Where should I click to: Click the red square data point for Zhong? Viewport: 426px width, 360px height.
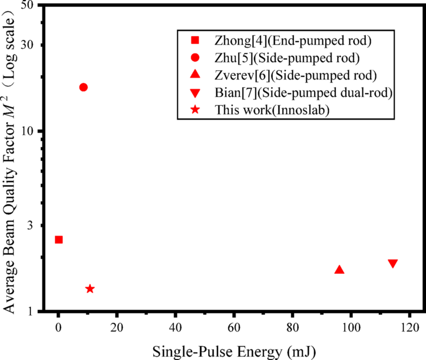click(59, 239)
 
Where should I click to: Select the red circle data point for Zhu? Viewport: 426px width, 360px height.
click(83, 87)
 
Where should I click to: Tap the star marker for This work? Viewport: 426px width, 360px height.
click(90, 289)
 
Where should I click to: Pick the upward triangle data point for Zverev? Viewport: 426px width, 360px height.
click(339, 269)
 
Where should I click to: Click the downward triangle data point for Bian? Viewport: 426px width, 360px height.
click(393, 263)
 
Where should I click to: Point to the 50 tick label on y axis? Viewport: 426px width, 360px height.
click(30, 6)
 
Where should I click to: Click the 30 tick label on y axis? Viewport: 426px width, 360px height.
click(30, 45)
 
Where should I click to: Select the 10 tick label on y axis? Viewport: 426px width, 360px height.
click(30, 131)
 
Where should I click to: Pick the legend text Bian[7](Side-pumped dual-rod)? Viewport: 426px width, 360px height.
click(303, 93)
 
